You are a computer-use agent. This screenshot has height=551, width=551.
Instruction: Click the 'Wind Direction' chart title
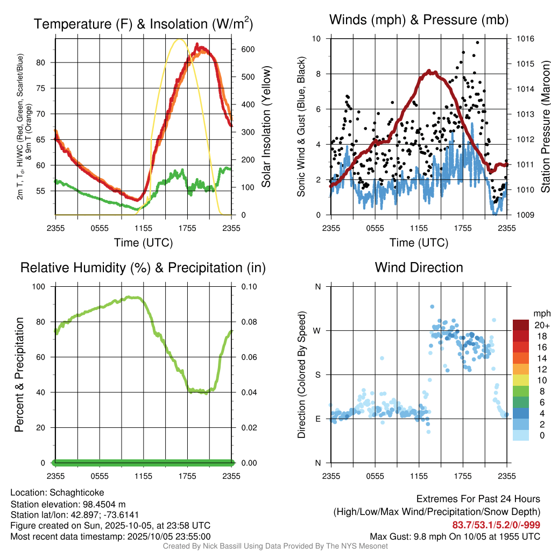coord(419,267)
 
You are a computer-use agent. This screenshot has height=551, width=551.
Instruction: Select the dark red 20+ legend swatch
coord(520,325)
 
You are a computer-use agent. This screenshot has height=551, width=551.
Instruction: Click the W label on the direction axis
coord(317,330)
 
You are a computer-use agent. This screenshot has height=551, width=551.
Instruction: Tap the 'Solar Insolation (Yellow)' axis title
coord(266,127)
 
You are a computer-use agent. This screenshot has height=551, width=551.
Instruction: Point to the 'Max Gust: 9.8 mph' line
coord(455,536)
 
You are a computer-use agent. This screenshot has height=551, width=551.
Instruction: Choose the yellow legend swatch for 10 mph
coord(520,380)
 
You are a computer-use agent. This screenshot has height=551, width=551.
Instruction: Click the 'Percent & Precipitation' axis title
coord(19,375)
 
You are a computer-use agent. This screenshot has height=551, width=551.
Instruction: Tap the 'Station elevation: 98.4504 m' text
coord(68,504)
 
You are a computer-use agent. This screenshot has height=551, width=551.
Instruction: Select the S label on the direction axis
coord(317,375)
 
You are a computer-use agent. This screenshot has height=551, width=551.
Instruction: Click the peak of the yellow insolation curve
coord(180,39)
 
